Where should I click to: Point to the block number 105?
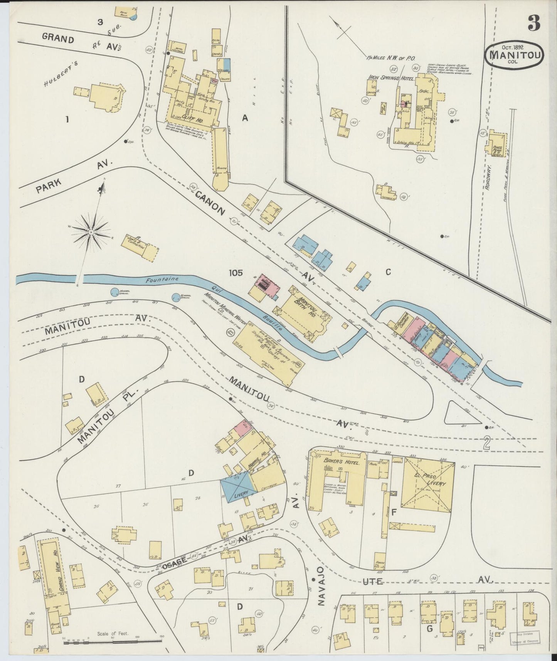click(x=235, y=273)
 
